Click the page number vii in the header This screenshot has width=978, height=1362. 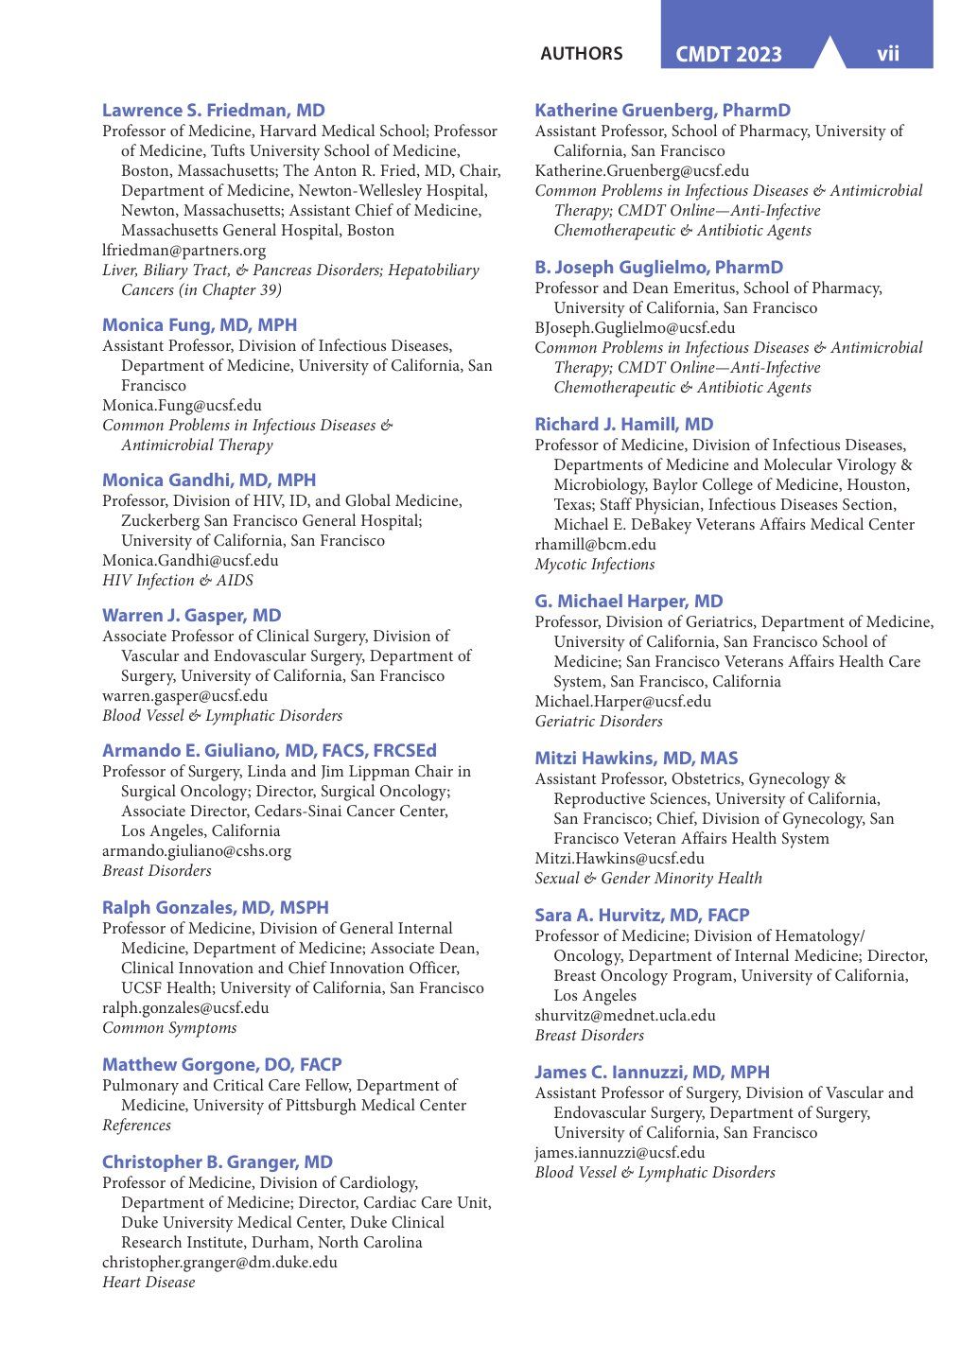(x=887, y=54)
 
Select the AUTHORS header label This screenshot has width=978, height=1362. (x=581, y=54)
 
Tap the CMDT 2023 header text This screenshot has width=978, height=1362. (x=728, y=55)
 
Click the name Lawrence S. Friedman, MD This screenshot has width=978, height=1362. (x=213, y=111)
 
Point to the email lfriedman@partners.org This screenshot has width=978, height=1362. (x=183, y=251)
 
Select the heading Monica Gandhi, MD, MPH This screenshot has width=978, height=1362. (x=209, y=480)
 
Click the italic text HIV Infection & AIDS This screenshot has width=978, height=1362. (x=178, y=581)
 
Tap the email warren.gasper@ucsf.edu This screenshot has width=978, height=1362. (x=184, y=696)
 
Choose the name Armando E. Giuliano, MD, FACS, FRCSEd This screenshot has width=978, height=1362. (x=270, y=751)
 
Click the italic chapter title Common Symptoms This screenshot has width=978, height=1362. (x=169, y=1028)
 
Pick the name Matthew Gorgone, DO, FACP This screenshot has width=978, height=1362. (x=221, y=1065)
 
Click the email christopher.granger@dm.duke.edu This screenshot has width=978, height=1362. (x=219, y=1263)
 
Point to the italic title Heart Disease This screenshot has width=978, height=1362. (x=148, y=1283)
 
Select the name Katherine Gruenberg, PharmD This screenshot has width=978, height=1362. (x=662, y=111)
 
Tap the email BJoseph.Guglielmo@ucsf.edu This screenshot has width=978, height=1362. (x=635, y=328)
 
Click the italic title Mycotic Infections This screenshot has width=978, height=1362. (x=594, y=565)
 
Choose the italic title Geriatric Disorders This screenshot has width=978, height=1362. (x=599, y=722)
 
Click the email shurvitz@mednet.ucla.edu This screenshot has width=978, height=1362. (x=625, y=1016)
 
